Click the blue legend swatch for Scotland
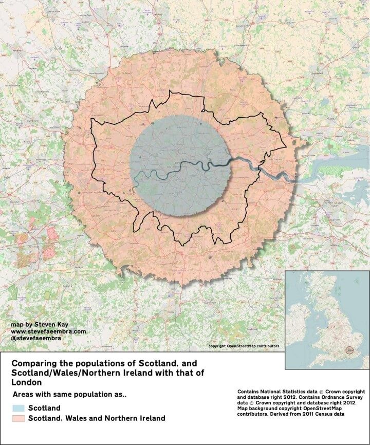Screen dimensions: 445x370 [19, 408]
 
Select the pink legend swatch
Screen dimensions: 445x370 [19, 418]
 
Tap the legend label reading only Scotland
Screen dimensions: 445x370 [45, 408]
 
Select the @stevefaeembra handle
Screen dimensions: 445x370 [34, 339]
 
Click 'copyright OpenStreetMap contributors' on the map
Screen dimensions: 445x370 [244, 346]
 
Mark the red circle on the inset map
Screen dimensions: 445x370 [350, 350]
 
